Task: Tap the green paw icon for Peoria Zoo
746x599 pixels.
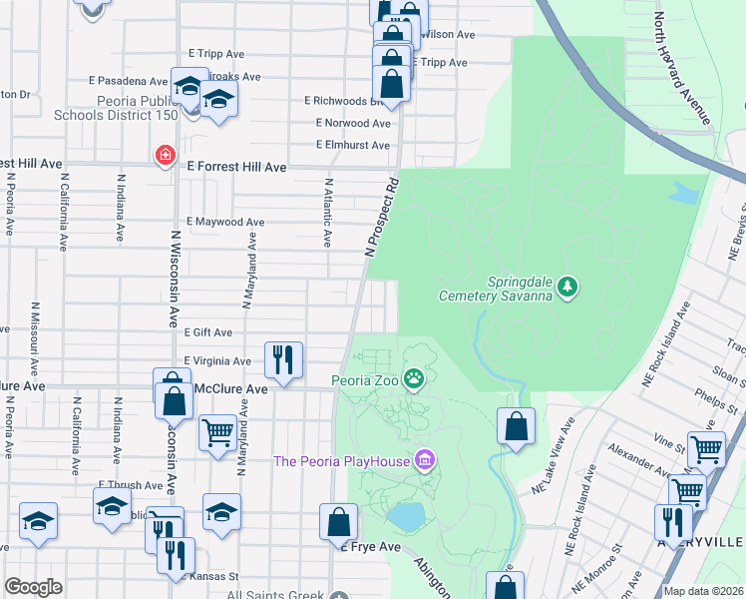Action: (414, 379)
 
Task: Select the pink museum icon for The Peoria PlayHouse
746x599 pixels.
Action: (426, 459)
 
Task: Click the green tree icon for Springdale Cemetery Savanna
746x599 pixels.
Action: (567, 288)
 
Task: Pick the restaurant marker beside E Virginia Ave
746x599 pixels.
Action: (283, 359)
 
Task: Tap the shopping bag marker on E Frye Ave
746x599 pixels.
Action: (338, 522)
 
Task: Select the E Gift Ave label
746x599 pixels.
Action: (207, 332)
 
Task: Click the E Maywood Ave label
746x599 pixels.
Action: (225, 222)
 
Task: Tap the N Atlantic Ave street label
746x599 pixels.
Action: (327, 212)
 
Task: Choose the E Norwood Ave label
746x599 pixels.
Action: (353, 124)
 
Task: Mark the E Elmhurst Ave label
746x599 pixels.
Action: (353, 145)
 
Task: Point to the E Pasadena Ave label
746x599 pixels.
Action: (128, 81)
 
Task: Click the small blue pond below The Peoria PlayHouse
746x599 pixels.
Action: (405, 516)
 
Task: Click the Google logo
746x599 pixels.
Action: (33, 587)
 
